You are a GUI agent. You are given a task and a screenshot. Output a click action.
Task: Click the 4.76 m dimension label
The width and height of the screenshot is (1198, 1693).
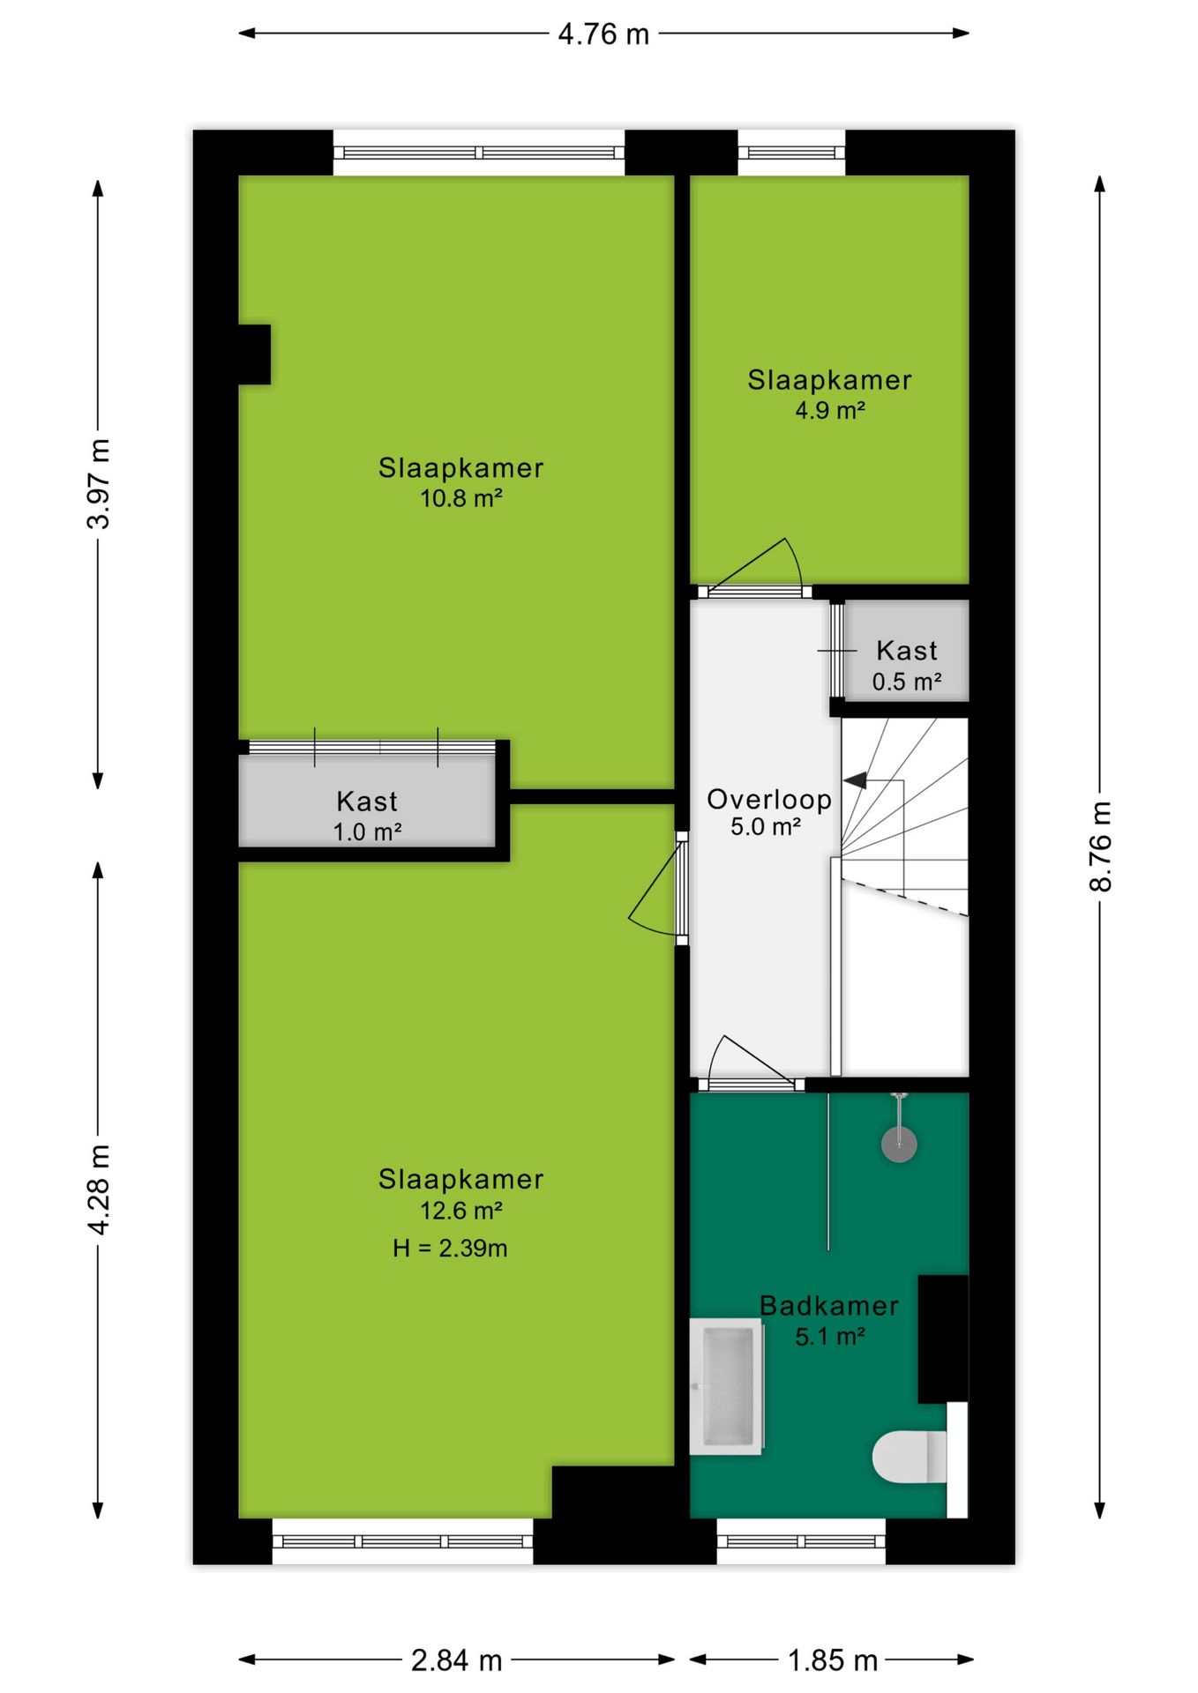(x=603, y=34)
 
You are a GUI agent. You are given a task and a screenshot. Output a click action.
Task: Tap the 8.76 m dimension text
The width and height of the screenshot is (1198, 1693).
(x=1100, y=846)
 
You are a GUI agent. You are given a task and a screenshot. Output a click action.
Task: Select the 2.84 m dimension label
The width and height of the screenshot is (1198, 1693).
(x=456, y=1660)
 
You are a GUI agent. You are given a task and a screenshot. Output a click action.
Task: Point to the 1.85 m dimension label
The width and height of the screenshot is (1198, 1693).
(x=832, y=1660)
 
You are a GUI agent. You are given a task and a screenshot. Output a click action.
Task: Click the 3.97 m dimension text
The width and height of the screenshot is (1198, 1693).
(x=99, y=483)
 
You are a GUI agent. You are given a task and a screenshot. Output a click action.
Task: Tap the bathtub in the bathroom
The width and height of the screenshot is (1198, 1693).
(x=726, y=1385)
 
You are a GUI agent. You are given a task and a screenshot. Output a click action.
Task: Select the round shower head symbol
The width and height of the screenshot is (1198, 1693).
(x=899, y=1145)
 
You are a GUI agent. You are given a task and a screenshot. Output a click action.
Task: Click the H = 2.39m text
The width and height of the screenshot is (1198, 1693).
(x=450, y=1248)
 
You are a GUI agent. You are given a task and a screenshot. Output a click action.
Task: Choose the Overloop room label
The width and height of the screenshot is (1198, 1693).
(x=768, y=799)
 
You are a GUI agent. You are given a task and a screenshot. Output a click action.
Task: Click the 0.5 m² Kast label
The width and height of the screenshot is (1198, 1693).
(x=907, y=682)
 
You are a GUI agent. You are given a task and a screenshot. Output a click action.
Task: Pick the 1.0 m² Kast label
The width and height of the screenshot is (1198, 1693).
(x=367, y=832)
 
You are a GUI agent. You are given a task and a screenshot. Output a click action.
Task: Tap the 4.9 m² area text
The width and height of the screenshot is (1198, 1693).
(x=829, y=410)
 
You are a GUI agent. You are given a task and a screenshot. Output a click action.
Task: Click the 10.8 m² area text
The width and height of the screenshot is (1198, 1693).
(x=460, y=498)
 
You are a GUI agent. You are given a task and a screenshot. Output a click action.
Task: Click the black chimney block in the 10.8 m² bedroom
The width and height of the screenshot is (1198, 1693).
(x=254, y=354)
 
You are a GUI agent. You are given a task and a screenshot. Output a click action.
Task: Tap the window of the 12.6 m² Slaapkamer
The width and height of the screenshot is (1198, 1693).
(x=402, y=1541)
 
